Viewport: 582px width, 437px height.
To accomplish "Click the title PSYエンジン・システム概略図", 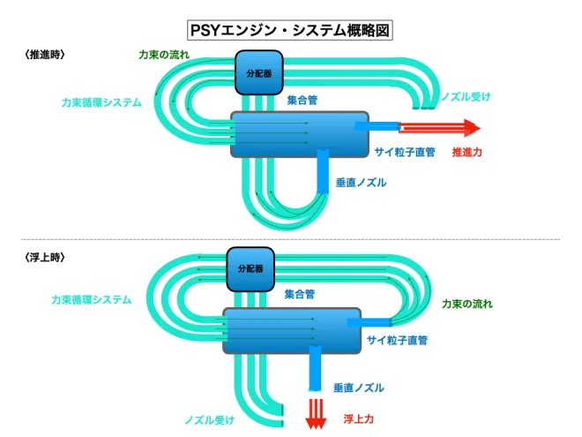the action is point(290,30).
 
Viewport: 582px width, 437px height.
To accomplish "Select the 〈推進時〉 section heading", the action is point(45,55).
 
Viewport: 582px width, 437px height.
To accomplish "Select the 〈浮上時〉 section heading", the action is point(45,257).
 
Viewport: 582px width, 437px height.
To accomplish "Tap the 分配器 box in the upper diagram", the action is point(259,72).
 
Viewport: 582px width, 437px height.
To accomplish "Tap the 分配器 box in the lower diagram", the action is point(250,269).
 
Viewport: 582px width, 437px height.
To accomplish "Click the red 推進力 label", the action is point(467,152).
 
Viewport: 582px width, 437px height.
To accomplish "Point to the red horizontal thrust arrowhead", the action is point(472,128).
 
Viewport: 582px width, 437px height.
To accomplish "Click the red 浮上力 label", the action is point(358,418).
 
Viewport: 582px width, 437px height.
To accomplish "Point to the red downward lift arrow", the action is point(316,414).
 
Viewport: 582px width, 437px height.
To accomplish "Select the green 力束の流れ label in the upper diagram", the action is point(164,55).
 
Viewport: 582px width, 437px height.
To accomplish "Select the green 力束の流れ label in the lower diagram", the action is point(467,304).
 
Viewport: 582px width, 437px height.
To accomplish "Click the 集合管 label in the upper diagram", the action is point(302,100).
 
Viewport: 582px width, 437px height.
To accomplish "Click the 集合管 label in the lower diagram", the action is point(300,294).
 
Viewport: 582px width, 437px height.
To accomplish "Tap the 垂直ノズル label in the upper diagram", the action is point(361,183).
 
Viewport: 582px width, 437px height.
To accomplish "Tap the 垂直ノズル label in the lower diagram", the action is point(359,388).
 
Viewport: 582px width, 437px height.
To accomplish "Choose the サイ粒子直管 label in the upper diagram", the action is point(405,152).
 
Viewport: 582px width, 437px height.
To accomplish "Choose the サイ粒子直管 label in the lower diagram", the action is point(397,340).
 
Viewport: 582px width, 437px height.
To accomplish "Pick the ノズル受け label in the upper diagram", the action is point(466,96).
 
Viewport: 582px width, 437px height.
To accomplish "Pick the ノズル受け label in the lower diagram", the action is point(210,420).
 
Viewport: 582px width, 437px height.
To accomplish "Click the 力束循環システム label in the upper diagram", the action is point(101,102).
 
